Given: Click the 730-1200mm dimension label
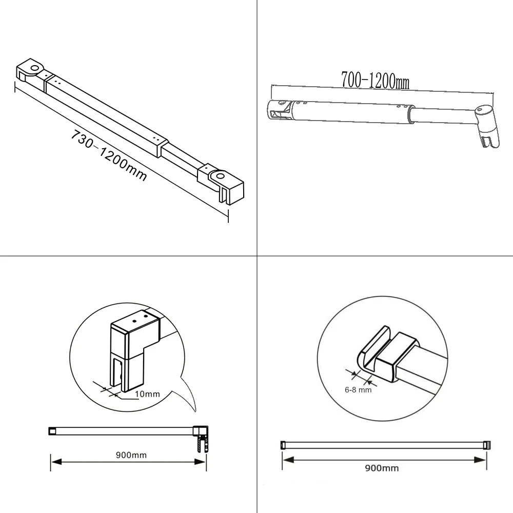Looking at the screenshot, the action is [109, 155].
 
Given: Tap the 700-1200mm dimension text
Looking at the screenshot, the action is [376, 80].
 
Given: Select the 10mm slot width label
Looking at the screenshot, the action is [147, 394].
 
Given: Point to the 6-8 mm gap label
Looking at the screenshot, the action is [358, 390].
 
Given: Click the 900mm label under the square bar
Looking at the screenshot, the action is [131, 455].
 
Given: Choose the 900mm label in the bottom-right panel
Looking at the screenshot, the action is [382, 468].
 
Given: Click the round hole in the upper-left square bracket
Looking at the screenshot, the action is [34, 68].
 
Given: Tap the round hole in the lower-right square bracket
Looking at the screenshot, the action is [220, 176].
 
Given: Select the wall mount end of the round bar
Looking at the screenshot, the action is [280, 110].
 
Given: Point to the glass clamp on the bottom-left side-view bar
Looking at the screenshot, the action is [201, 439].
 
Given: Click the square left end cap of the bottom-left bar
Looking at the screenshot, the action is [52, 431].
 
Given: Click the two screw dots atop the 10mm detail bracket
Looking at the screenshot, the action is [140, 319].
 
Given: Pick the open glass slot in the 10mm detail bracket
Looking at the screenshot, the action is [117, 374].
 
